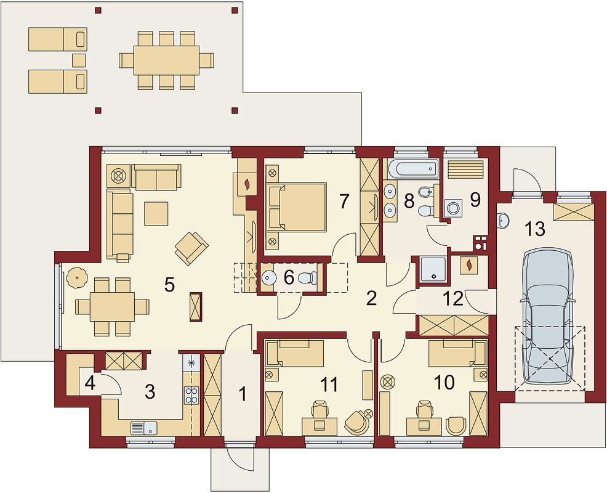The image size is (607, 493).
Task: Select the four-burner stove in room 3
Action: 191,394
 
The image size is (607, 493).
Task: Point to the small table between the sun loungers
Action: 78,60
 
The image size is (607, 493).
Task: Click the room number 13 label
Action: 534,229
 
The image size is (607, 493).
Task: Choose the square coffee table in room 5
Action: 156,213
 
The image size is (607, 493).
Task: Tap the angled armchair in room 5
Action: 191,246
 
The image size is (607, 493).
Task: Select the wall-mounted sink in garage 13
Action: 504,220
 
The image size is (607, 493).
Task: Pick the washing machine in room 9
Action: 455,208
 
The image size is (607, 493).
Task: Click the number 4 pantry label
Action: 89,383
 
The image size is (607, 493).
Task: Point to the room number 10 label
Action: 444,382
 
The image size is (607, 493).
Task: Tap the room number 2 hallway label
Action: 371,299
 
